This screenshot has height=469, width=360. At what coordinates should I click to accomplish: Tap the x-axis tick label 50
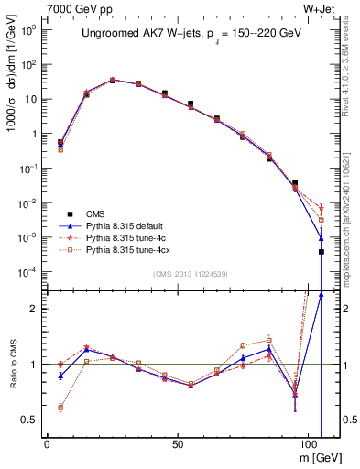click(x=184, y=442)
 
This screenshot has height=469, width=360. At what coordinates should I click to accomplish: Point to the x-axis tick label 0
click(x=47, y=442)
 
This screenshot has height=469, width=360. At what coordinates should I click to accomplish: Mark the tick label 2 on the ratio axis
click(x=32, y=309)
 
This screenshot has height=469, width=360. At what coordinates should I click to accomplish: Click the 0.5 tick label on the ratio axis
click(x=27, y=420)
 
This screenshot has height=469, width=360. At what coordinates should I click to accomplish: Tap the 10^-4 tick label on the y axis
click(x=28, y=272)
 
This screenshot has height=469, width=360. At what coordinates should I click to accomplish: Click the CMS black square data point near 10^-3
click(x=321, y=251)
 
